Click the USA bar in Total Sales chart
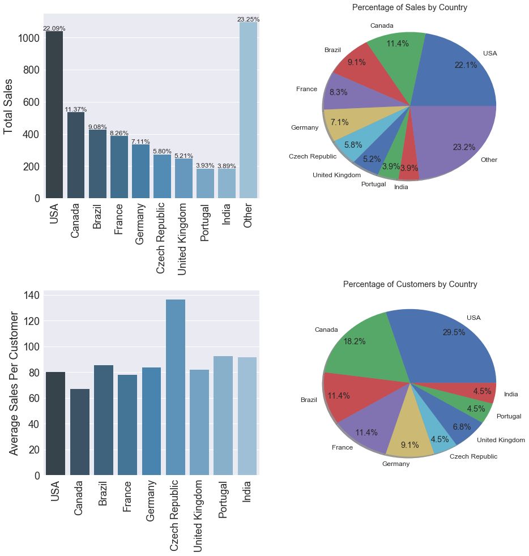click(54, 113)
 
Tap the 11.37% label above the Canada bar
click(75, 109)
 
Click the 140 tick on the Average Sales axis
click(32, 296)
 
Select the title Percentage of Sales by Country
click(409, 8)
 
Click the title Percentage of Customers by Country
click(410, 284)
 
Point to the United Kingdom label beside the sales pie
click(336, 176)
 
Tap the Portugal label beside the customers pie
click(509, 416)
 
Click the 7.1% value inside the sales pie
click(339, 122)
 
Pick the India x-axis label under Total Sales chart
click(227, 215)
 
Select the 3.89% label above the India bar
click(227, 166)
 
